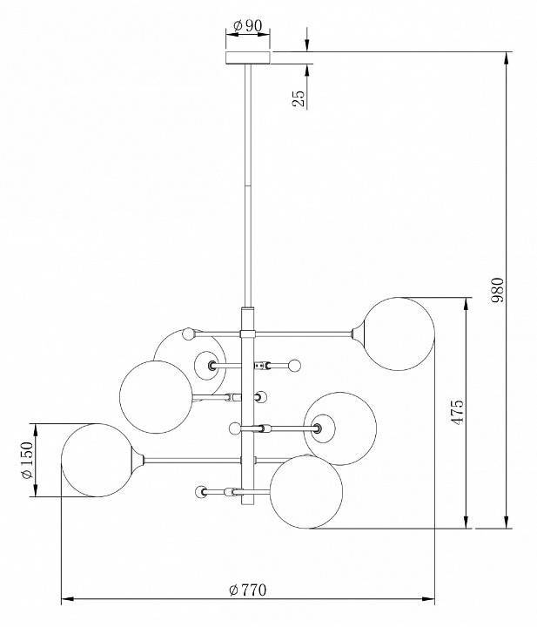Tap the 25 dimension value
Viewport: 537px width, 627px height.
299,97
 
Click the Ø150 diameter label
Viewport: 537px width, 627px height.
27,461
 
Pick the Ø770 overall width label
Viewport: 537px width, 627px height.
247,590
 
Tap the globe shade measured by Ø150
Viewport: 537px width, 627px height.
96,461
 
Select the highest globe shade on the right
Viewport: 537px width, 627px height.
397,334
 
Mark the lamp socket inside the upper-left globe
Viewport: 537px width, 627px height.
211,365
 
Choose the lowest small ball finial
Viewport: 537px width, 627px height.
201,492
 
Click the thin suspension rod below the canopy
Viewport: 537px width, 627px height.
248,174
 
